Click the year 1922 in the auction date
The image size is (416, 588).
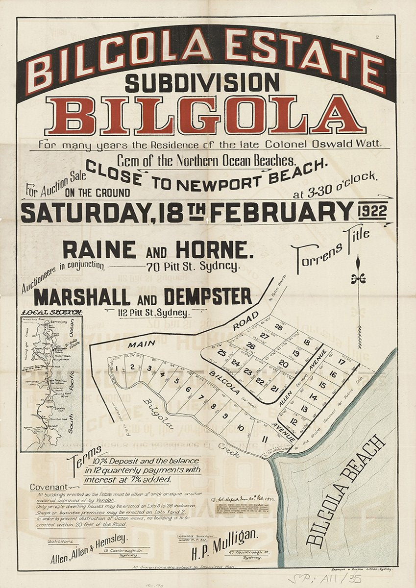(372, 211)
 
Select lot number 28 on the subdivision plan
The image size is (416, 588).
(278, 327)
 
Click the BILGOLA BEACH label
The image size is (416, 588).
(347, 490)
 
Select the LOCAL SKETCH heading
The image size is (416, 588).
(51, 312)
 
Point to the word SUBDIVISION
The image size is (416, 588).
(202, 82)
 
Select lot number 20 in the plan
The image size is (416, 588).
(283, 364)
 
